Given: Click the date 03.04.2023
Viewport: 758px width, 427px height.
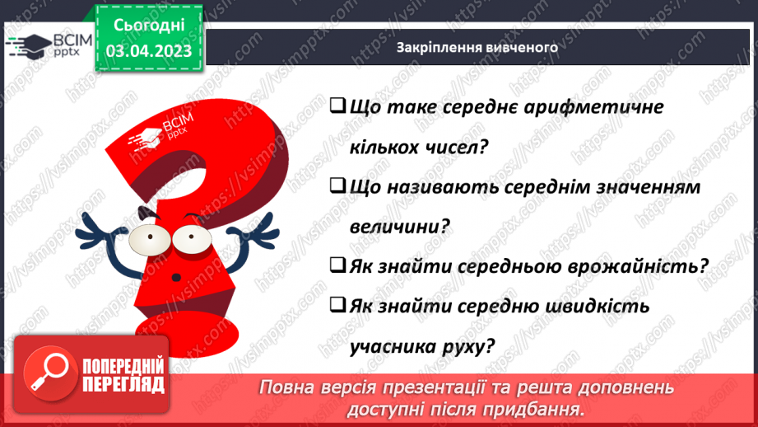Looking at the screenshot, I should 149,52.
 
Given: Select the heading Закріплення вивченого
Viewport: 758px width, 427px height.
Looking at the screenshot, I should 477,47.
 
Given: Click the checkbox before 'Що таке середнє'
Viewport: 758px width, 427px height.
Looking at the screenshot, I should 336,107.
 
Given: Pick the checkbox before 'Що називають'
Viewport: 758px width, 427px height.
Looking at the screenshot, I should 336,187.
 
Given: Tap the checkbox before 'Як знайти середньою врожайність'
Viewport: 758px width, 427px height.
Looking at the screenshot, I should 336,266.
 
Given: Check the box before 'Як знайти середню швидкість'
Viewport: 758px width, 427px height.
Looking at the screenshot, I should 336,307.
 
